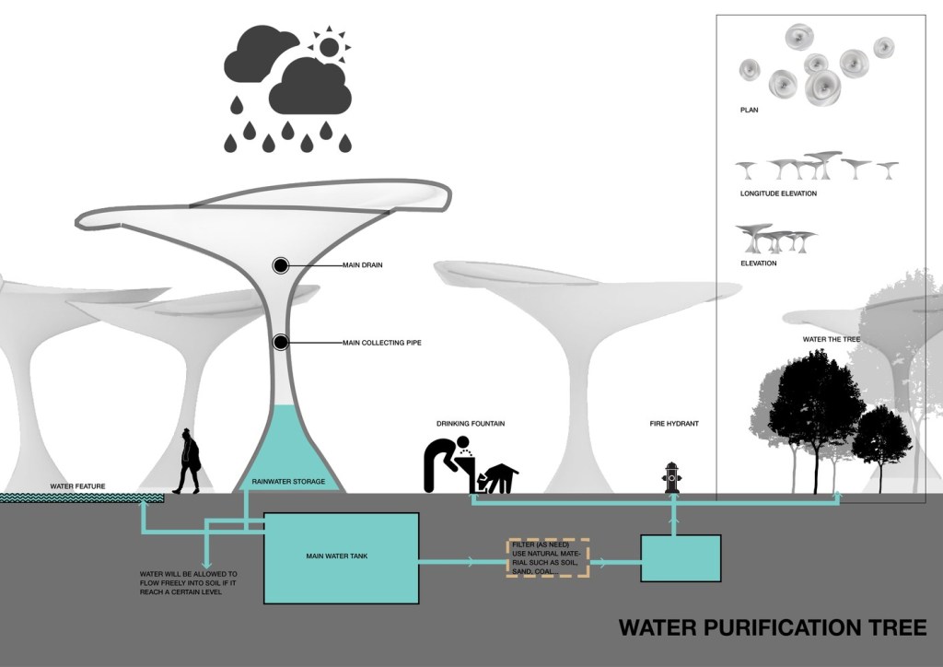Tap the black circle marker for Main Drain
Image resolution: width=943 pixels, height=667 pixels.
click(x=281, y=265)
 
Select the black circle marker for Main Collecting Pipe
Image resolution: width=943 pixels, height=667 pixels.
click(x=281, y=343)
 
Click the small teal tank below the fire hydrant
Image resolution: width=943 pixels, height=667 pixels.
click(x=681, y=557)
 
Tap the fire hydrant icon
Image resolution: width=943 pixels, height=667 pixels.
click(x=671, y=478)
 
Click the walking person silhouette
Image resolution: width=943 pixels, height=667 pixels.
click(x=190, y=461)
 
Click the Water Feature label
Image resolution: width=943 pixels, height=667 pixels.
click(x=78, y=486)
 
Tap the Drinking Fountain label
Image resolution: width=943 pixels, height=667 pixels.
click(x=471, y=424)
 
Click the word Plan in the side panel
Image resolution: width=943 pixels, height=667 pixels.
click(x=749, y=110)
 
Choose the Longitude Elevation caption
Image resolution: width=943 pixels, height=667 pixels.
click(x=778, y=193)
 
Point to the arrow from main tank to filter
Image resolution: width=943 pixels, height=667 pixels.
click(x=460, y=559)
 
